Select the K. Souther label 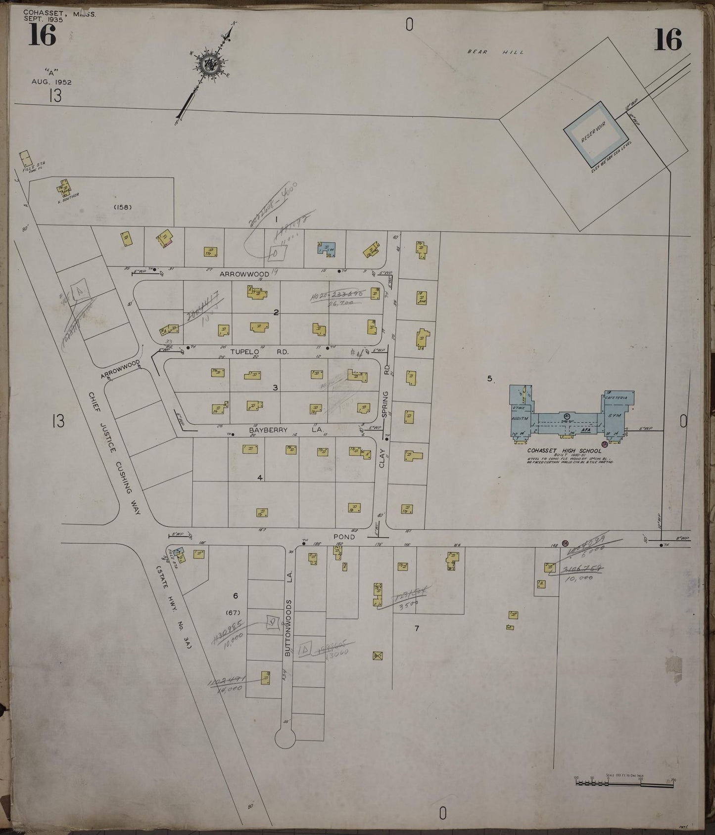[68, 197]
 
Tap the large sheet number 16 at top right [668, 40]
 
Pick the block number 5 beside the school [489, 379]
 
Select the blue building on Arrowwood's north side [326, 248]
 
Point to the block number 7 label [417, 628]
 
